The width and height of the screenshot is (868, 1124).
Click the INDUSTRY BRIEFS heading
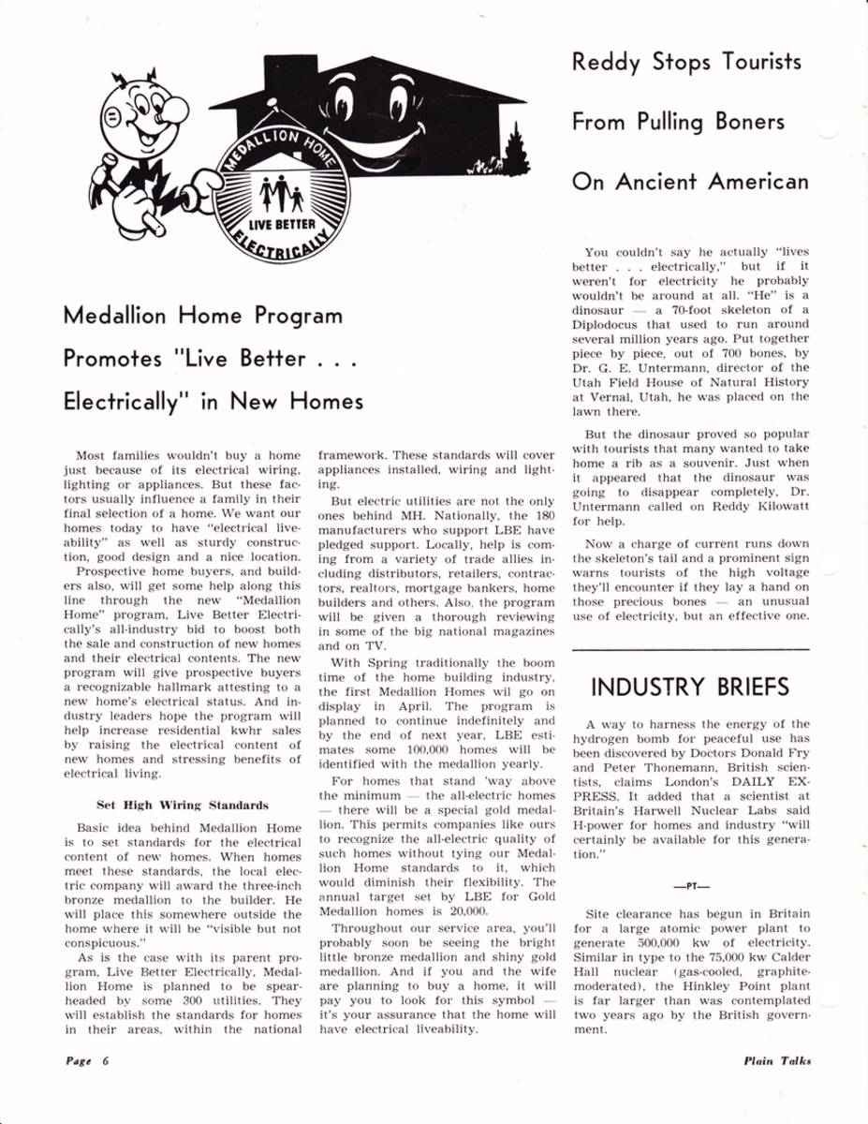click(690, 687)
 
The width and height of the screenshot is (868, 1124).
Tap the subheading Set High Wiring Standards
click(183, 805)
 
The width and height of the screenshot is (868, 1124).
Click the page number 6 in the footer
click(108, 1060)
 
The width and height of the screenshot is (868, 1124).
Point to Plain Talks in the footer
click(777, 1060)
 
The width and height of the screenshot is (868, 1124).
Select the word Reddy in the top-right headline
click(607, 63)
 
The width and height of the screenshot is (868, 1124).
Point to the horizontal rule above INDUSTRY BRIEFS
click(690, 648)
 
